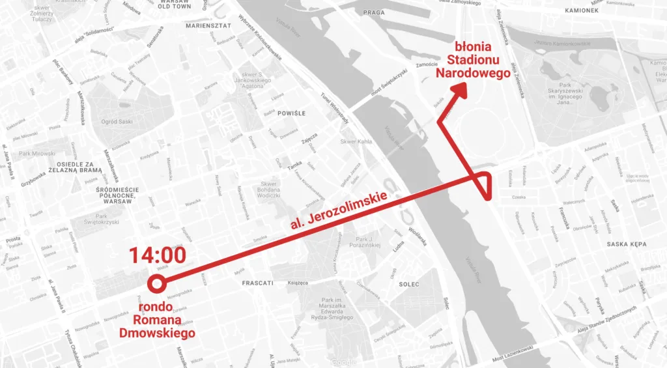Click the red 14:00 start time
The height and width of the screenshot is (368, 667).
click(x=157, y=256)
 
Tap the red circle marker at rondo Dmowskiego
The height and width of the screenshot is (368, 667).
click(x=156, y=283)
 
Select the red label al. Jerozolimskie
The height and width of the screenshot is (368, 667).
click(x=339, y=210)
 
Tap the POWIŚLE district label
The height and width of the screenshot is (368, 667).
click(x=292, y=113)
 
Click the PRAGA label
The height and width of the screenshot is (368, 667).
click(x=375, y=12)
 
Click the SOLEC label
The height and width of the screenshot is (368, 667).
click(x=409, y=284)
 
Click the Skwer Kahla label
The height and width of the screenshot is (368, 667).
click(x=355, y=141)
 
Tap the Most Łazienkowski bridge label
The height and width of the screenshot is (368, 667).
click(x=507, y=357)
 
